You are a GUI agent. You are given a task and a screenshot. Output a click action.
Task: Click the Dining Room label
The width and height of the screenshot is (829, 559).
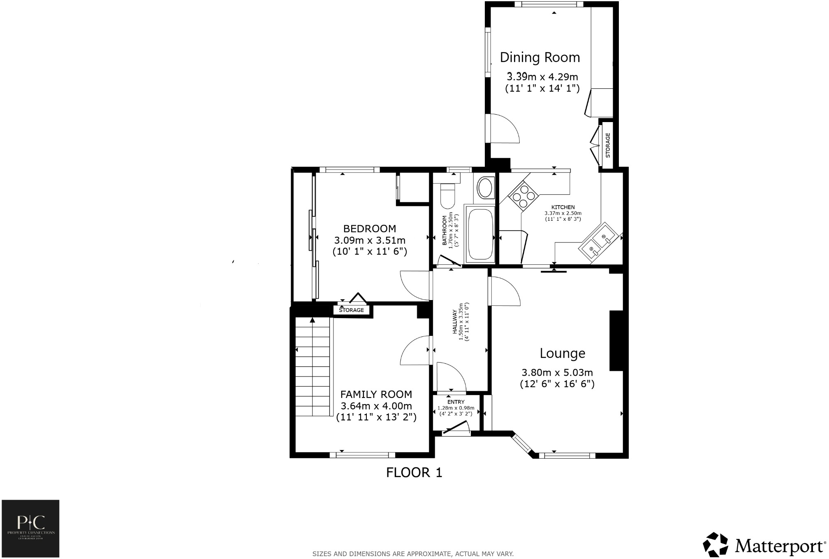(x=540, y=58)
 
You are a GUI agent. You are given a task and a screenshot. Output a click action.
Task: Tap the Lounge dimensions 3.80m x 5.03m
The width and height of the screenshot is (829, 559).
(x=557, y=373)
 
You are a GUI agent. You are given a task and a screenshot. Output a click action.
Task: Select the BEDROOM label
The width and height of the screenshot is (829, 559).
(x=369, y=229)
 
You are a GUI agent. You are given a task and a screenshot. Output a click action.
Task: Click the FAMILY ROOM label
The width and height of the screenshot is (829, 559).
(x=376, y=395)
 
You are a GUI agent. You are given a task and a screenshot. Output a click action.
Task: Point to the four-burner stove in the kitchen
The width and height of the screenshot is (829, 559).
(x=523, y=196)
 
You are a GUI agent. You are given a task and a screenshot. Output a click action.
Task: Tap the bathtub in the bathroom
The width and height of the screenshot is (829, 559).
(x=479, y=234)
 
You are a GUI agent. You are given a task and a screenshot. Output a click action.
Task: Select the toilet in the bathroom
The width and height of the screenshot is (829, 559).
(x=447, y=196)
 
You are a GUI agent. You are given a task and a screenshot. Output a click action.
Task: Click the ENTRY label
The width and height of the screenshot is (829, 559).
(x=456, y=402)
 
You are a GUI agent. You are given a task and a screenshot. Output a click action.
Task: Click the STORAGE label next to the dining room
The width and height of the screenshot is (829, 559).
(x=608, y=145)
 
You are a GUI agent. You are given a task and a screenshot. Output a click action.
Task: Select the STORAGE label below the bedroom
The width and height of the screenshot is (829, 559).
(x=351, y=310)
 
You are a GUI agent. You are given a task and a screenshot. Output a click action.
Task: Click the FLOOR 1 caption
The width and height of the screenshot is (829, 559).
(x=414, y=473)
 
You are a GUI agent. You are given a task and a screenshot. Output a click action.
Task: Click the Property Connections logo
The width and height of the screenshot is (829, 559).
(x=30, y=528)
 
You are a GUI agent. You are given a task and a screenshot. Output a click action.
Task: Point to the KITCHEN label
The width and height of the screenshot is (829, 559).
(x=563, y=207)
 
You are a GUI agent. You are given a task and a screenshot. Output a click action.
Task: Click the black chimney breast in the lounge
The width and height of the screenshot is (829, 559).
(x=616, y=341)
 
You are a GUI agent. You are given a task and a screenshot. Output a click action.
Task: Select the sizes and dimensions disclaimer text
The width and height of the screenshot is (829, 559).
(x=413, y=554)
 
